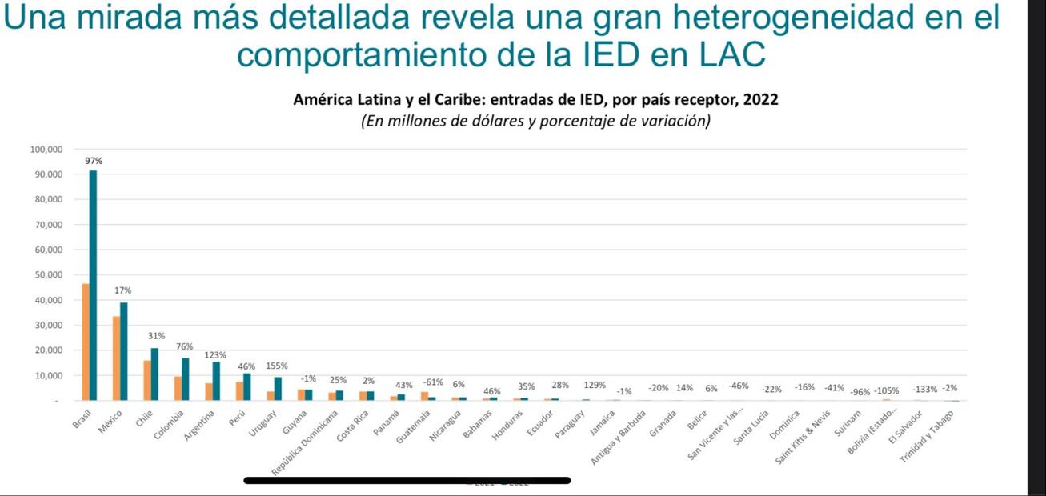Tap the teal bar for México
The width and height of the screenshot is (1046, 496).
[x=124, y=351]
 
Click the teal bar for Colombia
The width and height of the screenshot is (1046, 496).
[x=186, y=379]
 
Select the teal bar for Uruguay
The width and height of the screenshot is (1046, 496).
[x=278, y=389]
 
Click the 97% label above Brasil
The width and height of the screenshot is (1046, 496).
[x=94, y=161]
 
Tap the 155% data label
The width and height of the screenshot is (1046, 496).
[x=277, y=366]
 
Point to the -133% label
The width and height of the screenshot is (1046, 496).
[x=924, y=390]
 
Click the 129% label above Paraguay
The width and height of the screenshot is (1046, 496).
[x=594, y=386]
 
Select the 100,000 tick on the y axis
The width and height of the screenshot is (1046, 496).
[x=46, y=150]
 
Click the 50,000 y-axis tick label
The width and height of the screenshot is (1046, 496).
[x=47, y=275]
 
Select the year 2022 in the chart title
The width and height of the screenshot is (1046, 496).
[x=760, y=100]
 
